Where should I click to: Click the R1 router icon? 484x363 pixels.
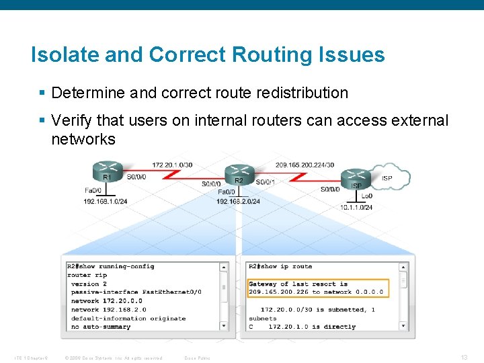tap(108, 169)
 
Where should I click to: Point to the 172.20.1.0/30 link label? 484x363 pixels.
tap(172, 165)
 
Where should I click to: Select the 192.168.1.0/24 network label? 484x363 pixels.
tap(106, 201)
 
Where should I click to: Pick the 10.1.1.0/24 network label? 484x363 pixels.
tap(356, 207)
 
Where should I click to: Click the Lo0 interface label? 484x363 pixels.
tap(367, 196)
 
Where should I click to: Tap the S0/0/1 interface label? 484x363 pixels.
tap(268, 180)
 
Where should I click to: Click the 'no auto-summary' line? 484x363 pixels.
tap(101, 327)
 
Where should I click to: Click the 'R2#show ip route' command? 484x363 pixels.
tap(280, 266)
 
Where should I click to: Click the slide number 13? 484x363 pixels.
tap(464, 357)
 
